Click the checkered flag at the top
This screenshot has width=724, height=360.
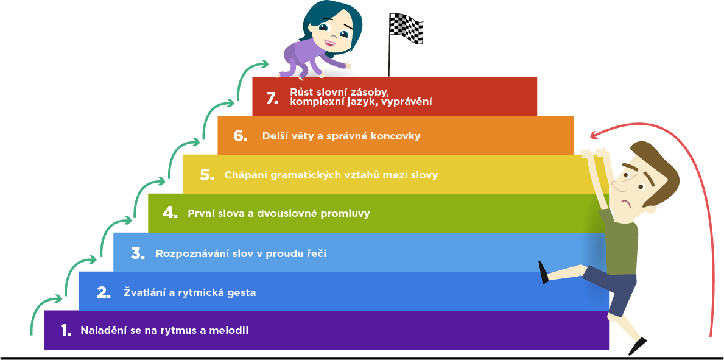pyautogui.click(x=406, y=27)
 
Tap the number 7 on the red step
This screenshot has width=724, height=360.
pyautogui.click(x=272, y=97)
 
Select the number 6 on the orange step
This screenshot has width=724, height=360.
pyautogui.click(x=240, y=136)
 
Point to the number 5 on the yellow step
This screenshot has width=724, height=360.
pyautogui.click(x=206, y=175)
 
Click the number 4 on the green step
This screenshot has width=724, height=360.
pyautogui.click(x=170, y=213)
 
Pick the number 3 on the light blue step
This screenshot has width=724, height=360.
pyautogui.click(x=138, y=253)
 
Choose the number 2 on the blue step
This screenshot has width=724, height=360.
pyautogui.click(x=104, y=292)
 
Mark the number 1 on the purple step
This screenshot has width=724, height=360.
pyautogui.click(x=66, y=331)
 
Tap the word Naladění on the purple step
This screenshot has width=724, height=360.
pyautogui.click(x=103, y=331)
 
